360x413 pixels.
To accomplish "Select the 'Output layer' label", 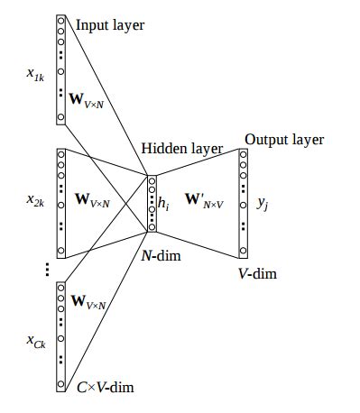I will [x=283, y=140].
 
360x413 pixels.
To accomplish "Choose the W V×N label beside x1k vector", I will [x=90, y=95].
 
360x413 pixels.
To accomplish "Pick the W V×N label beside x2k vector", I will [x=92, y=200].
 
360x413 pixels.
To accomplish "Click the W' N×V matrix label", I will [x=206, y=199].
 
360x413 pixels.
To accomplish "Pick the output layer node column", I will [x=243, y=203].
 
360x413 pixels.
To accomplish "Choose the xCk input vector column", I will [x=60, y=335].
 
